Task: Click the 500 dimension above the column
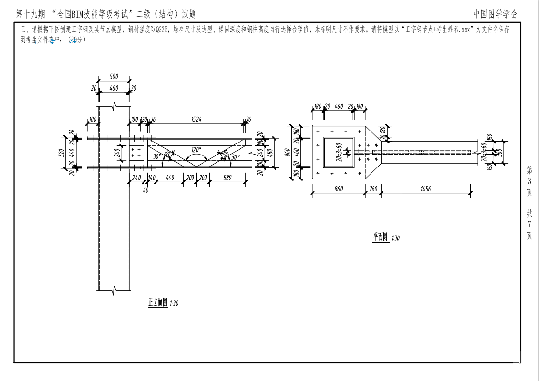114,77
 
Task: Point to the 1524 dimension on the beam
196,119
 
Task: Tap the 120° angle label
196,149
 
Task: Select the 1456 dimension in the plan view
425,189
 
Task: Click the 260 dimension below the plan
373,189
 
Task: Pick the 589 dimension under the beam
228,178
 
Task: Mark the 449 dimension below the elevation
169,178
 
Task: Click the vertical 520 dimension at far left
61,153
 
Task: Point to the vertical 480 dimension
270,153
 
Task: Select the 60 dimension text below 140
145,190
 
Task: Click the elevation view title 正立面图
157,302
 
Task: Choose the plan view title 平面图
381,237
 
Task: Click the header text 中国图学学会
495,14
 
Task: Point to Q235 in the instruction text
162,29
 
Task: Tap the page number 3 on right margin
529,181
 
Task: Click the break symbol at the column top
114,105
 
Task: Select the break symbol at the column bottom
114,289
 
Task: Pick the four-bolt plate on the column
135,153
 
